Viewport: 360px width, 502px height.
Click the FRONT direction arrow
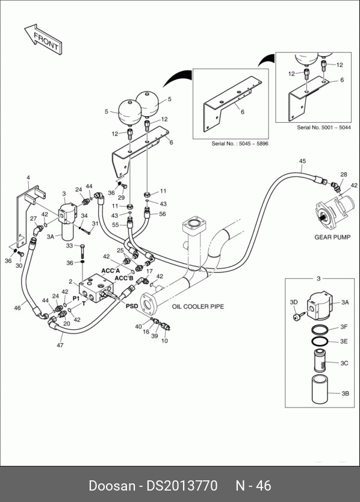(43, 40)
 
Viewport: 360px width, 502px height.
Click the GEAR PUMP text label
(332, 237)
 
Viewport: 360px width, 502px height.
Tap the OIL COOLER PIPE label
(198, 306)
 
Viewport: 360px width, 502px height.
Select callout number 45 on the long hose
(302, 161)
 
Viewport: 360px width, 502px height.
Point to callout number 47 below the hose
(60, 345)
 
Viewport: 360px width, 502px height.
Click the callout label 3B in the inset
(345, 394)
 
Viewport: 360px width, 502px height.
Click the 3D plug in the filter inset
(296, 317)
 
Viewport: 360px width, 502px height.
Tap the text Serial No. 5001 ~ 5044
(324, 128)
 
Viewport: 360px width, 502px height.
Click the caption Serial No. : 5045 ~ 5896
(240, 143)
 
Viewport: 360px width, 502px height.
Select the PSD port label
(132, 306)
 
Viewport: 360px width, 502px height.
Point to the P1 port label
(76, 299)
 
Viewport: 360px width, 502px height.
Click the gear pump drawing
(335, 212)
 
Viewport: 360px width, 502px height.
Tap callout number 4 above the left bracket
(28, 178)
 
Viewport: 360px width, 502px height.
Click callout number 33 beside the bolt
(69, 246)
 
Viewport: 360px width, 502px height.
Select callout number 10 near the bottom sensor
(164, 341)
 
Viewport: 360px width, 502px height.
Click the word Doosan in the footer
(112, 486)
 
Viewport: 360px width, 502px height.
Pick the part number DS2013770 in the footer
(182, 486)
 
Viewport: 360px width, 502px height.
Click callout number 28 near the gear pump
(343, 175)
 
